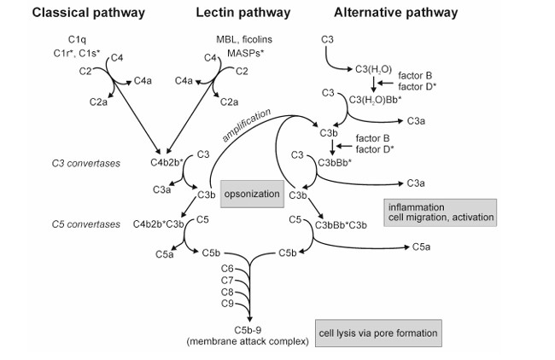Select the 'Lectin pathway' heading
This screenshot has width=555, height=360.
[x=242, y=13]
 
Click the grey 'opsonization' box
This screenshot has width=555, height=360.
[x=252, y=194]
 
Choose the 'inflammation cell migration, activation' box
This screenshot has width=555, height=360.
[x=440, y=212]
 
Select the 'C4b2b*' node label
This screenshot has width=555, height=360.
[x=167, y=160]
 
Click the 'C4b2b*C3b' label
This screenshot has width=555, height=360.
[x=158, y=224]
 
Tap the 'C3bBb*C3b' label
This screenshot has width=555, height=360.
[x=341, y=225]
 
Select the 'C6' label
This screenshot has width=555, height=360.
[x=227, y=268]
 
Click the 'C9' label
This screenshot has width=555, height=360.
[x=227, y=303]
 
